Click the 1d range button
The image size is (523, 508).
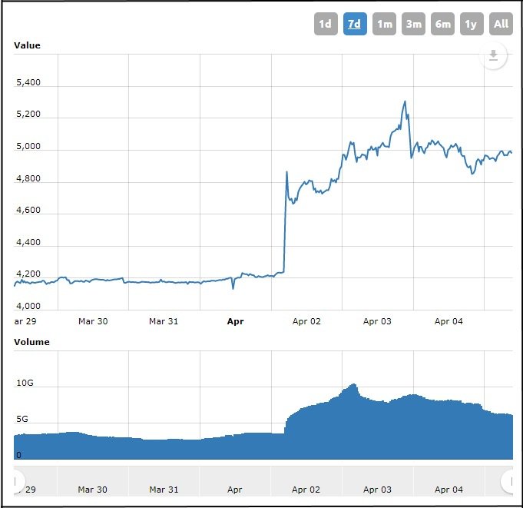pos(325,24)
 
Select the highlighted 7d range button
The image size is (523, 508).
pos(354,24)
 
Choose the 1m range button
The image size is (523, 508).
pos(384,24)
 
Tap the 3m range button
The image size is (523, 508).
pos(413,24)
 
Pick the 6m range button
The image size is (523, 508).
pos(442,24)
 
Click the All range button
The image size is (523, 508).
pos(501,24)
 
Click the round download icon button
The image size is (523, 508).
pos(494,55)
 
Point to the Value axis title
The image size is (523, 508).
pos(27,45)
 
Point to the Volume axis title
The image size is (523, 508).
pos(31,342)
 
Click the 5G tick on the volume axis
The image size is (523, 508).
pos(23,420)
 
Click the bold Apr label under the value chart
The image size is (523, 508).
pos(236,321)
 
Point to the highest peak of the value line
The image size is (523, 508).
pos(405,101)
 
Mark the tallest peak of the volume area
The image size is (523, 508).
pos(353,384)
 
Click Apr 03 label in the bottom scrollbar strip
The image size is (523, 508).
pos(377,490)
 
